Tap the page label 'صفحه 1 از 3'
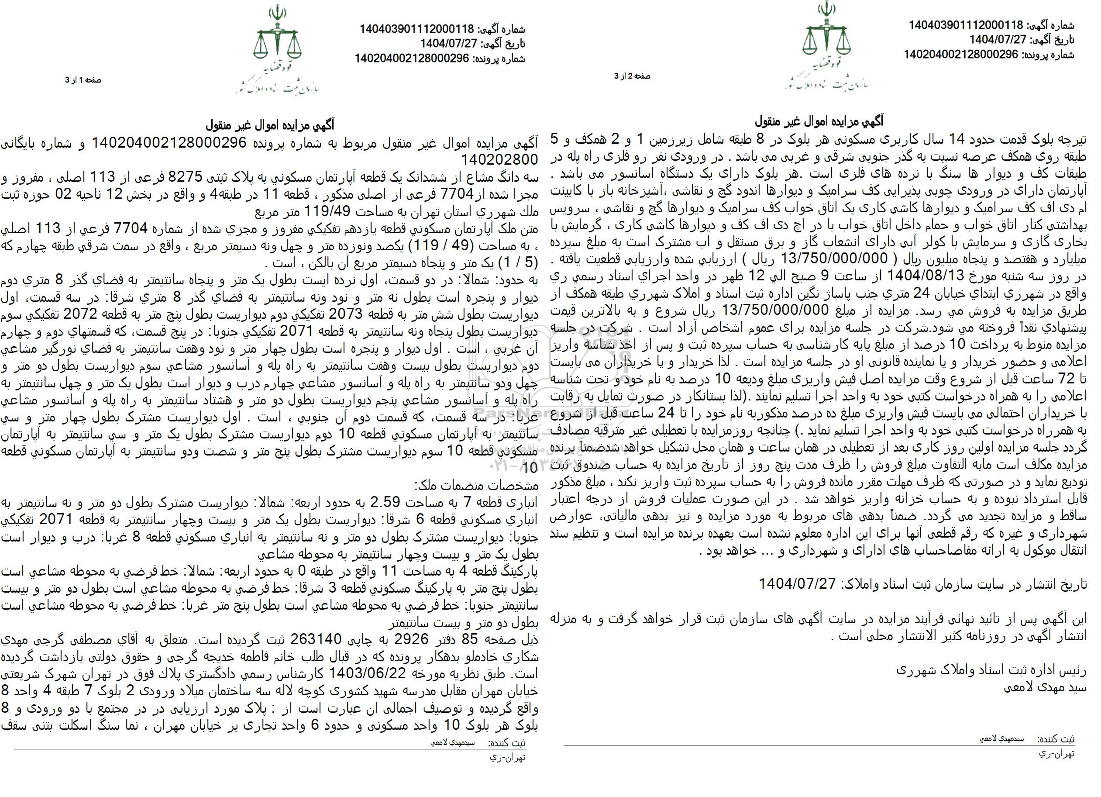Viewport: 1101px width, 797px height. pos(83,80)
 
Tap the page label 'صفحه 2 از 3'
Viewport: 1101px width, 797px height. pos(632,76)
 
